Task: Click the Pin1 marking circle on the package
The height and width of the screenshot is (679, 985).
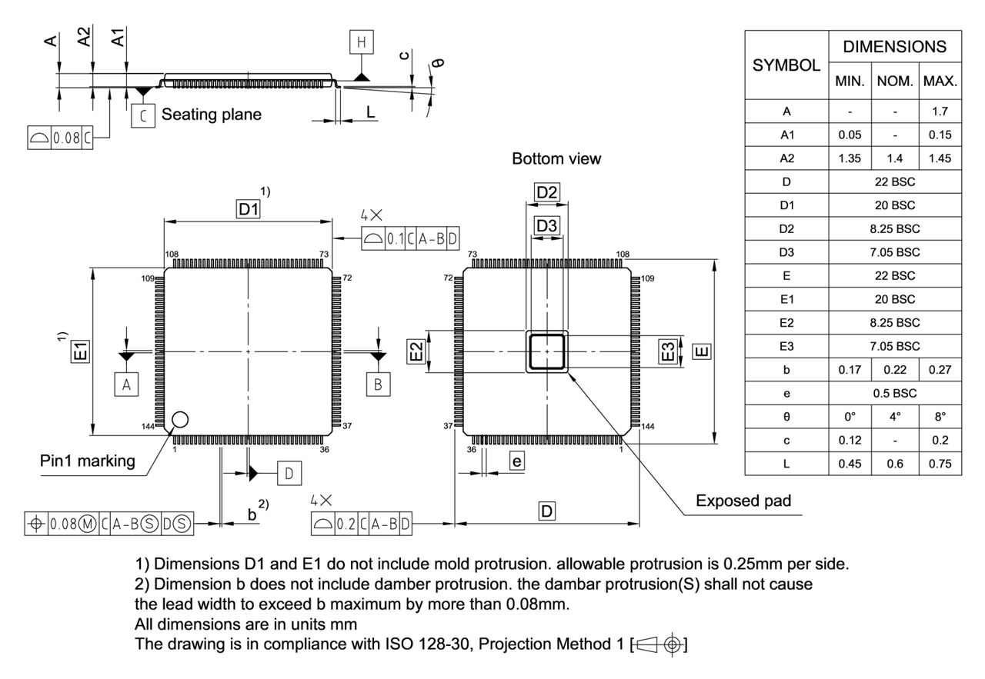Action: [180, 419]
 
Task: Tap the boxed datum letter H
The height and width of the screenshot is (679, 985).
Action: [361, 42]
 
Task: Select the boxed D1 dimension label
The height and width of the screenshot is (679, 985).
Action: [249, 209]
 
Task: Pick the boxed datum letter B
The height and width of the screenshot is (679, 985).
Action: [378, 384]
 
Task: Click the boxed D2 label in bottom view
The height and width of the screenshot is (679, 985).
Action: [546, 192]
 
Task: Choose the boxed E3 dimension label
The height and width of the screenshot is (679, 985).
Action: [669, 351]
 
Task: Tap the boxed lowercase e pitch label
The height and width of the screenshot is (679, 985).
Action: [517, 461]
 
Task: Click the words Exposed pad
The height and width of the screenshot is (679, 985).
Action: [743, 501]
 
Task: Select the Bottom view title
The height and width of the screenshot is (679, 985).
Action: [556, 159]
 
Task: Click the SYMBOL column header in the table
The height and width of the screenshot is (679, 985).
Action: [786, 65]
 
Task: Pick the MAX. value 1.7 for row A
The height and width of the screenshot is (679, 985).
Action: [940, 112]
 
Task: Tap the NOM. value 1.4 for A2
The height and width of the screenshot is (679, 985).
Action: [895, 158]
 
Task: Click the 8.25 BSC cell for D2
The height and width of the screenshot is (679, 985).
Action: [895, 229]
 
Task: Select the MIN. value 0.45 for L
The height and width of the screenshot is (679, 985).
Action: [850, 464]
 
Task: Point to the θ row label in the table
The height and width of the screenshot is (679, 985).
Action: [786, 417]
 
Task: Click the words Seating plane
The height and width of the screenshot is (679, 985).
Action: [212, 115]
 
